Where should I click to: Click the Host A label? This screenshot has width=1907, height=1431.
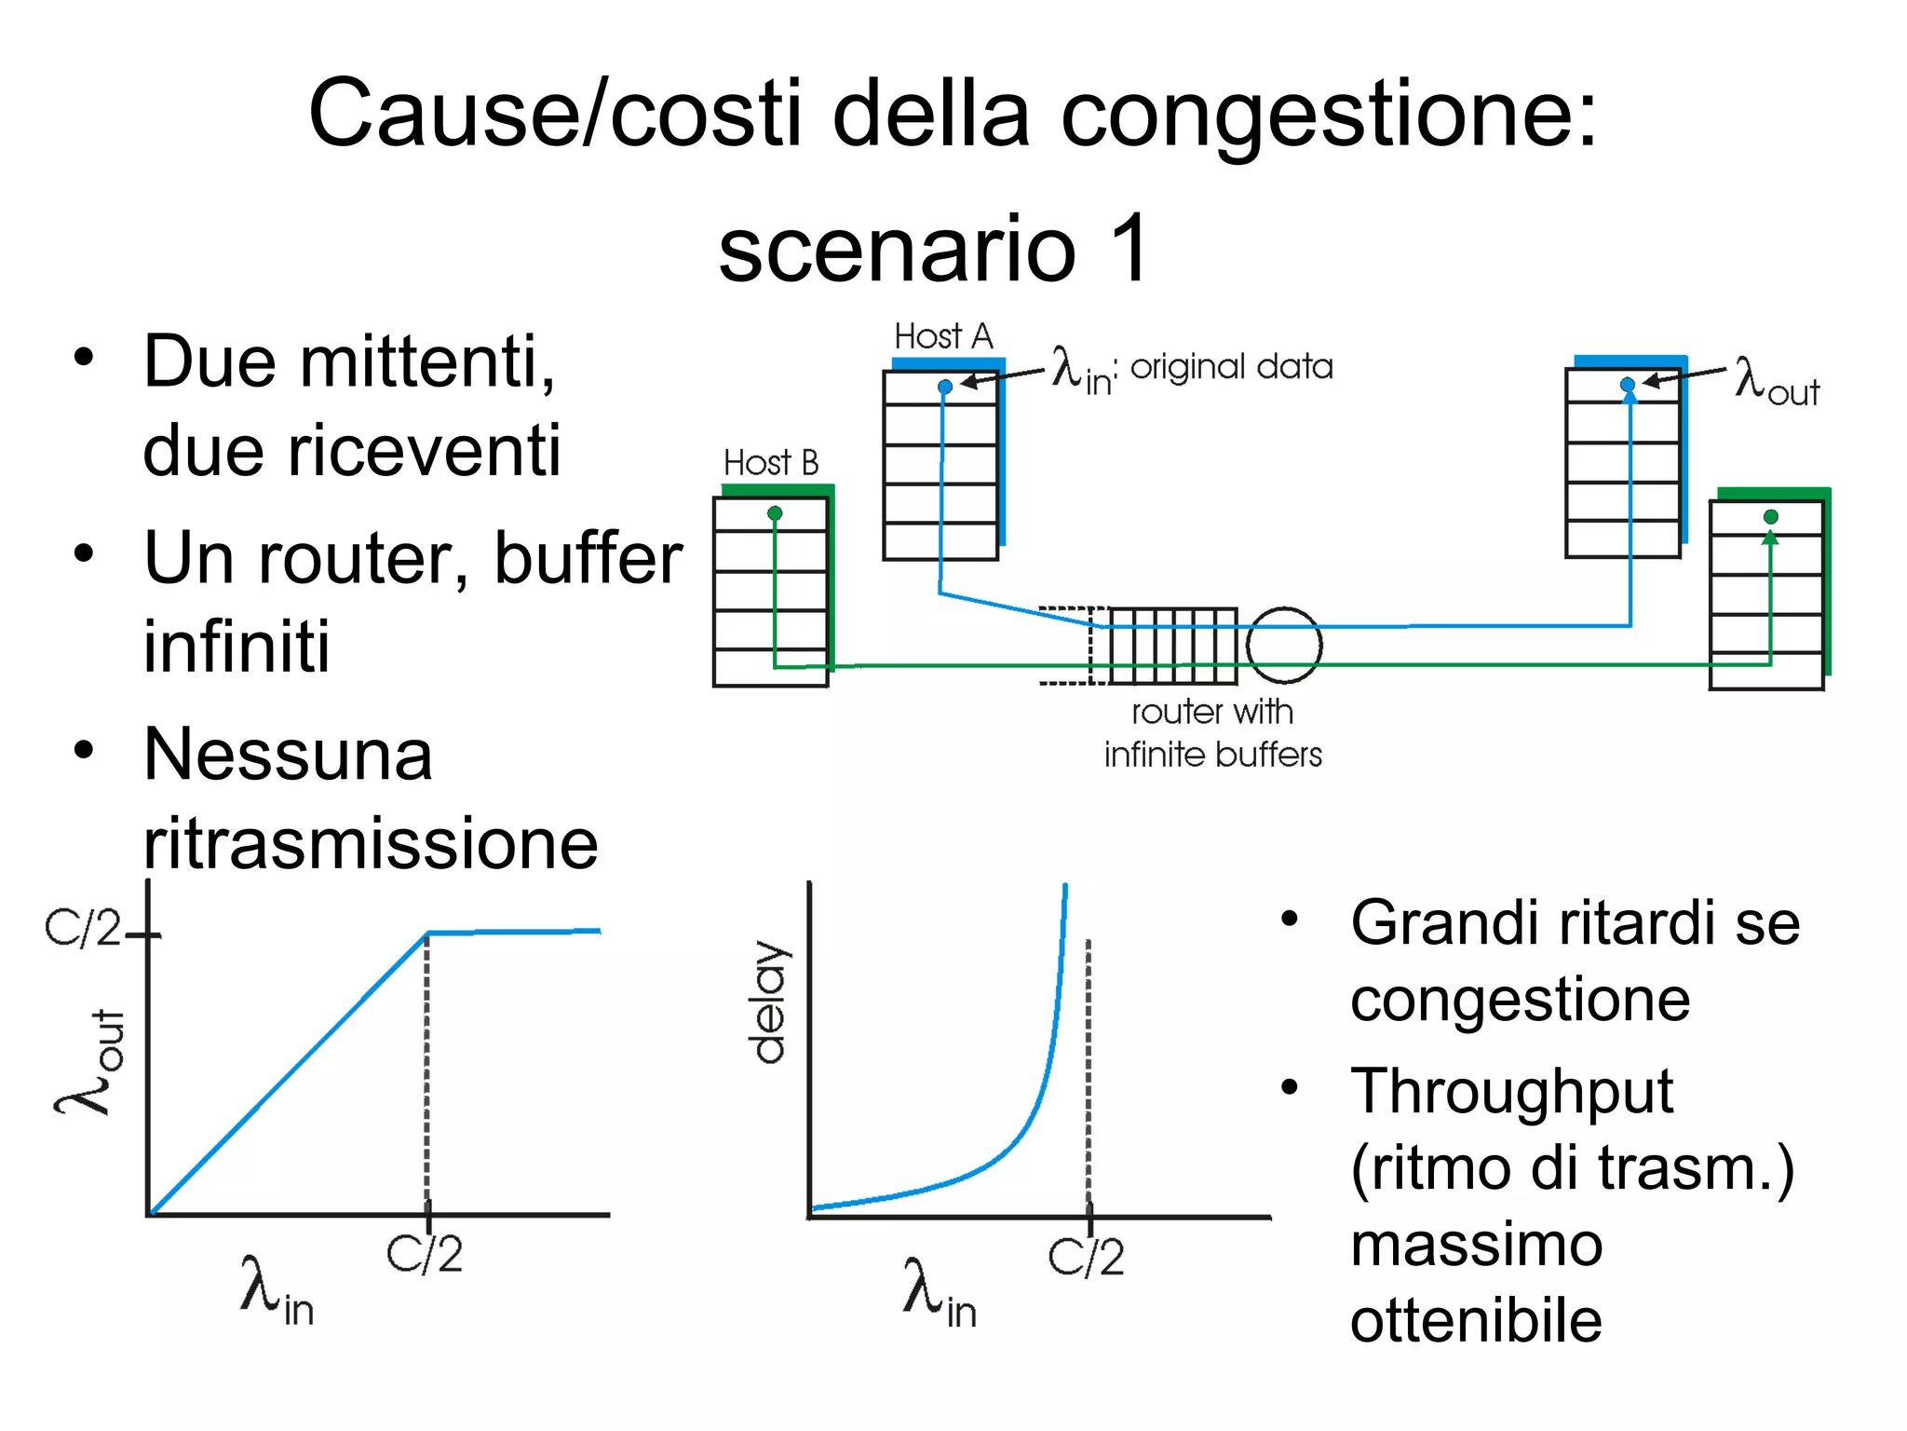click(x=943, y=336)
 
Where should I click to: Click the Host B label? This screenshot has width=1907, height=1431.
click(x=771, y=463)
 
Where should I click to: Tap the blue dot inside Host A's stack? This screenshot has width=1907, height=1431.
click(x=945, y=387)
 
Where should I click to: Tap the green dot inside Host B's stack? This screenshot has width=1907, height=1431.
click(x=775, y=513)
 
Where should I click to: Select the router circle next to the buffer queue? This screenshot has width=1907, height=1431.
click(x=1284, y=645)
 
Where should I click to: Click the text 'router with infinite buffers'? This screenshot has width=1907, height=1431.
click(x=1212, y=733)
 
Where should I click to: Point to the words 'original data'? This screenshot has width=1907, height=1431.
click(x=1231, y=367)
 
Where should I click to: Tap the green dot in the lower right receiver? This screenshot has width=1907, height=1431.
click(x=1771, y=516)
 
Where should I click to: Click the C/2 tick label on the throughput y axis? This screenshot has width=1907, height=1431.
click(x=83, y=929)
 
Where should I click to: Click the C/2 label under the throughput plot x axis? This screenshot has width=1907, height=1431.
click(x=425, y=1255)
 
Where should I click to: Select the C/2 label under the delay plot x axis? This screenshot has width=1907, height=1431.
click(x=1086, y=1258)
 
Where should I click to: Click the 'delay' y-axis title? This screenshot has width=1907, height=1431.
click(x=770, y=1002)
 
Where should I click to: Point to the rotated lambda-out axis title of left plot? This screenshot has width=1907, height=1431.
click(x=90, y=1062)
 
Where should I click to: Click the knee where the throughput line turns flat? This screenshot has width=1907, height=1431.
click(x=427, y=933)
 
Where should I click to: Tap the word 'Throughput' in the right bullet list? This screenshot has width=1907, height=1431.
click(x=1511, y=1091)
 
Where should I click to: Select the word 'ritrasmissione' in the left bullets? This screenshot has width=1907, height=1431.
click(x=371, y=843)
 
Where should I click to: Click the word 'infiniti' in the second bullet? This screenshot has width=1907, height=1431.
click(x=237, y=646)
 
